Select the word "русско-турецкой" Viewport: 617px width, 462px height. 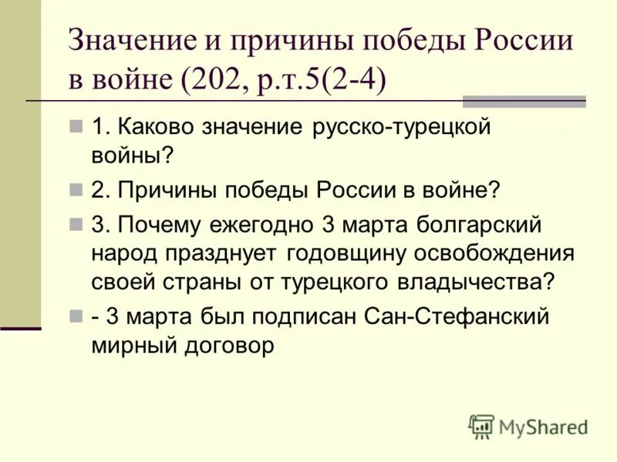coord(402,127)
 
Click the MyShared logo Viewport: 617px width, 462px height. coord(528,426)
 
